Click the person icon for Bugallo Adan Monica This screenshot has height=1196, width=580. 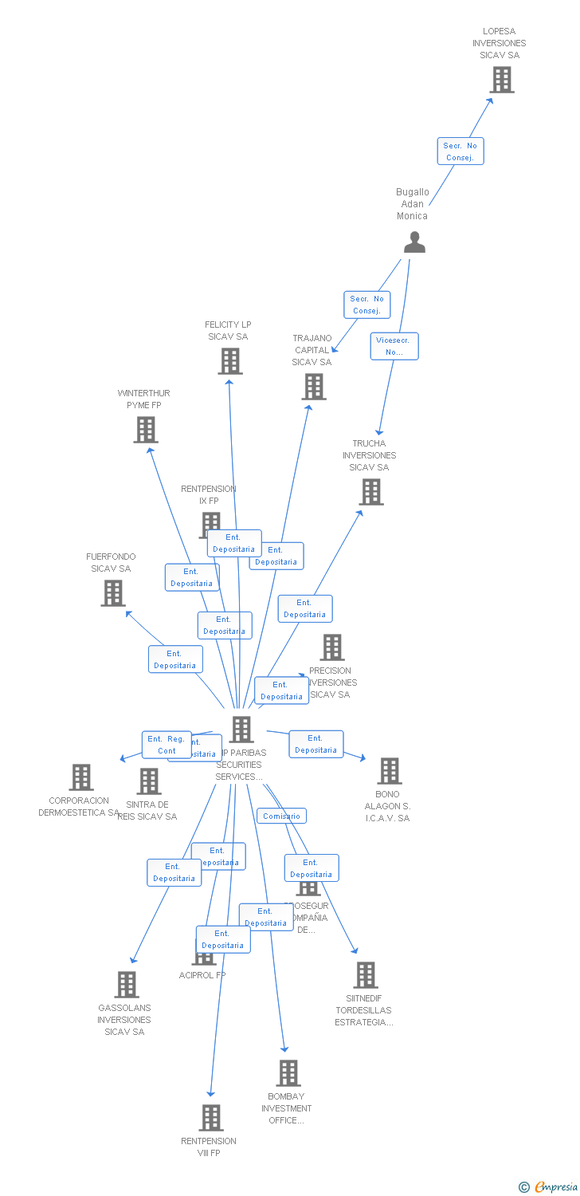coord(414,242)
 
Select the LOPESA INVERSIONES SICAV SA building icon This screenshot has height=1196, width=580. coord(501,80)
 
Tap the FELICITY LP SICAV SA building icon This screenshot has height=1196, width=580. coord(229,361)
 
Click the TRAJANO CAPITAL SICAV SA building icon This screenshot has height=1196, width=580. coord(314,387)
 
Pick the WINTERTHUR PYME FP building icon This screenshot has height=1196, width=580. coord(145,430)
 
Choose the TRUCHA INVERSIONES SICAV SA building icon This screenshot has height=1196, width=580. coord(370,492)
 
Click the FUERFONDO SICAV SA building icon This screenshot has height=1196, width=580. coord(113,592)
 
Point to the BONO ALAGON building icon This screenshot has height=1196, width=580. coord(389,771)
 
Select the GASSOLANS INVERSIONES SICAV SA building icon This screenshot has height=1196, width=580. coord(126,985)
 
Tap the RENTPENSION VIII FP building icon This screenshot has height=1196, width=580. coord(210,1118)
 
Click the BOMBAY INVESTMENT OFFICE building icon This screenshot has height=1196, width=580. coord(288,1073)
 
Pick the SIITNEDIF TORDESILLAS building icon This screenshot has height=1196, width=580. coord(365,975)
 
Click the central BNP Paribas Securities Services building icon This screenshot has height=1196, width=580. coord(241,729)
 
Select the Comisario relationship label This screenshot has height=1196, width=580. coord(281,816)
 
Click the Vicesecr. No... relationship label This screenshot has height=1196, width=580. coord(394,346)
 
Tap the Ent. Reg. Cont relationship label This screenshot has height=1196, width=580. coord(167,745)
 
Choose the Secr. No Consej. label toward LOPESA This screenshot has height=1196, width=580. coord(460,151)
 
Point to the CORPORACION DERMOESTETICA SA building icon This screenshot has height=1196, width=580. coord(80,777)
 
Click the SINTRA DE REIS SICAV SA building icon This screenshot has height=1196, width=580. coord(149,781)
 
